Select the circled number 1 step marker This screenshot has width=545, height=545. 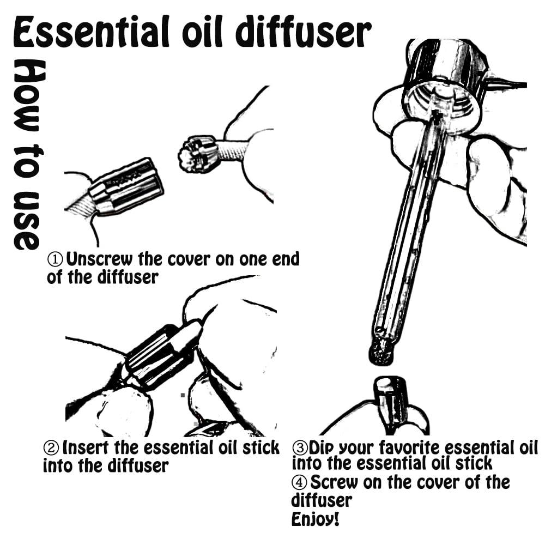coord(55,259)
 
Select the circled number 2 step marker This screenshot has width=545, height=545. coord(51,447)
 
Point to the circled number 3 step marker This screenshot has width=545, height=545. coord(300,447)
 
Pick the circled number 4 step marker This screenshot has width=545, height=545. coord(299,482)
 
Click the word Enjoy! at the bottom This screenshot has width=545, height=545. coord(315,519)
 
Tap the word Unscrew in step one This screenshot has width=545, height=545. coord(99,259)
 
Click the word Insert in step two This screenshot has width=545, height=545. coord(86,447)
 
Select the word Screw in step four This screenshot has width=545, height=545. coord(334,482)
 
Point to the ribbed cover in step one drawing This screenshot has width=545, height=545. coord(126,186)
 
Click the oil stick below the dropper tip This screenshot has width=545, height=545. coord(391,403)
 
